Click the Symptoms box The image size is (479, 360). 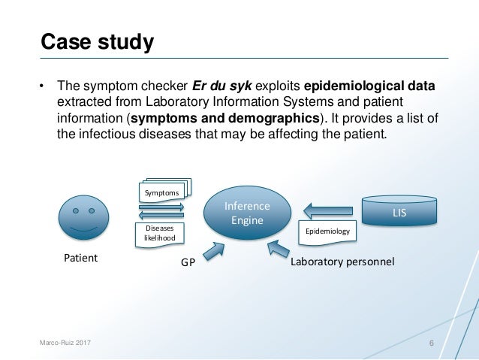[161, 193]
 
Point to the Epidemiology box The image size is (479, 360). [328, 231]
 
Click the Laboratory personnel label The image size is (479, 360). [342, 262]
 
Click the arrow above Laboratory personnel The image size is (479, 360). [280, 247]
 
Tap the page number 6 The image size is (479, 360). [432, 343]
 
